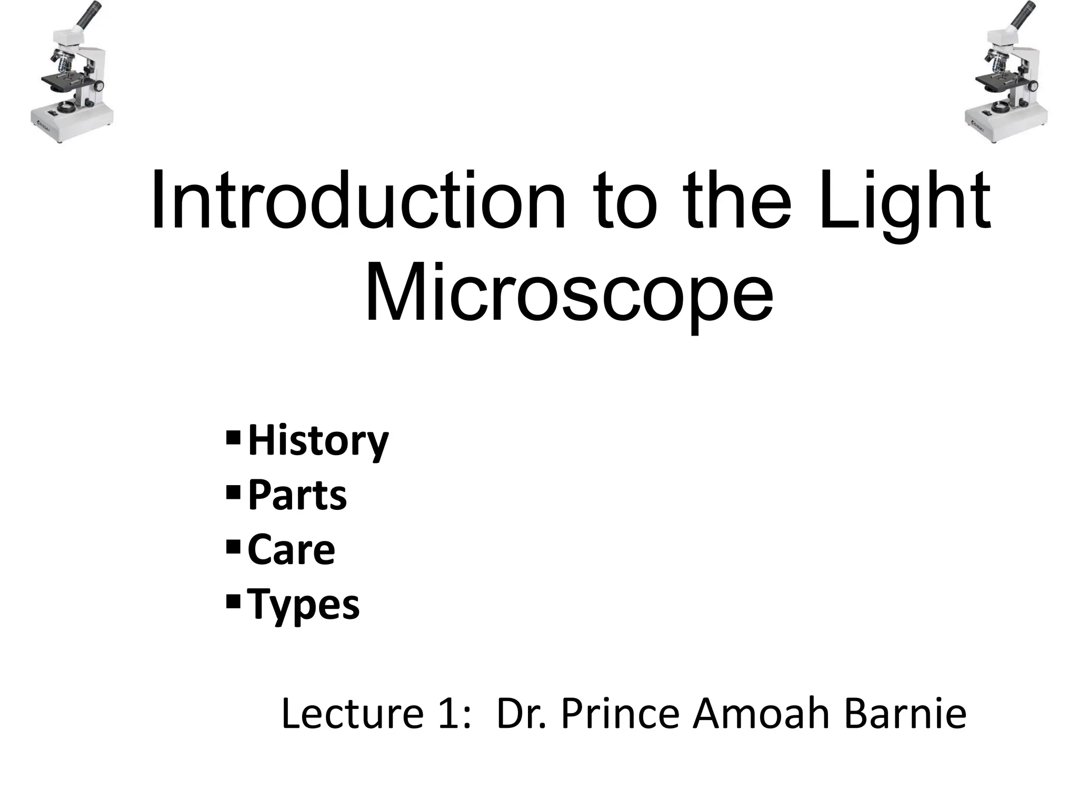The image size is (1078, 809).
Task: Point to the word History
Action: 318,441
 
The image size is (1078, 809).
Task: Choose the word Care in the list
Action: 291,550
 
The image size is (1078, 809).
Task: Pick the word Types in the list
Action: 304,605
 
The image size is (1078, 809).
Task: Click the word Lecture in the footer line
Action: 352,714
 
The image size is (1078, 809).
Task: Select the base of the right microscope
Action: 1006,124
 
